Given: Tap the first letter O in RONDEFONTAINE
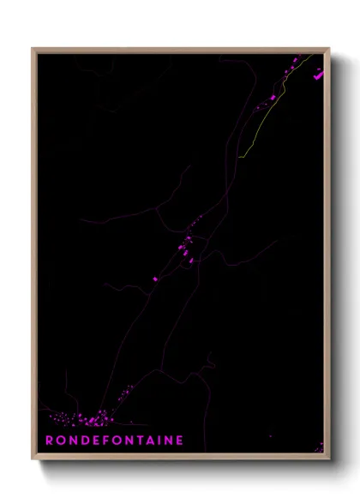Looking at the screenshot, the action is point(61,441).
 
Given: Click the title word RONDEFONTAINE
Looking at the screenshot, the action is point(114,441).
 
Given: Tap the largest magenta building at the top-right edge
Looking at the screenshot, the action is point(319,75).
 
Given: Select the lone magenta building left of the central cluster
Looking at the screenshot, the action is point(155,279).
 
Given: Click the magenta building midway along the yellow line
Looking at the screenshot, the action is point(273,98).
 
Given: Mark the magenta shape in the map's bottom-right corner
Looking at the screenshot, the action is point(318,447).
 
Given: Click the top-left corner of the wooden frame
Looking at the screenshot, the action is point(33,49).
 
